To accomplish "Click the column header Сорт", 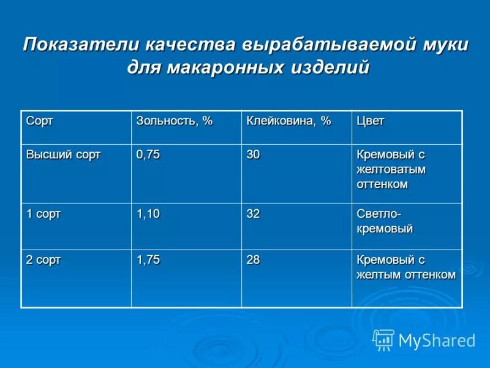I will [39, 121].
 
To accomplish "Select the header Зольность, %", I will [174, 121].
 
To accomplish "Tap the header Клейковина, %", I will [288, 121].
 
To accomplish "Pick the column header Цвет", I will [371, 121].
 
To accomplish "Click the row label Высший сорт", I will [63, 155].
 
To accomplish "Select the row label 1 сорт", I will [43, 214].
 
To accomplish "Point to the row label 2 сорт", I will [43, 260].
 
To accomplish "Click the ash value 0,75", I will [148, 155].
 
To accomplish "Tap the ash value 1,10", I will [148, 214].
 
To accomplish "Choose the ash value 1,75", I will [148, 260].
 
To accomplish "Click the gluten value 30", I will [253, 155].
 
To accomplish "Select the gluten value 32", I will [253, 214].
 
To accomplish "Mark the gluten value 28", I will [253, 260].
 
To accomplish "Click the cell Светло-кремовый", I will [385, 221].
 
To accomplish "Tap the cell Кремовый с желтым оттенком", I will [405, 267].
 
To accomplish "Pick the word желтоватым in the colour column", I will [391, 169].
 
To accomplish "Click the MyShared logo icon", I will [383, 340].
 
